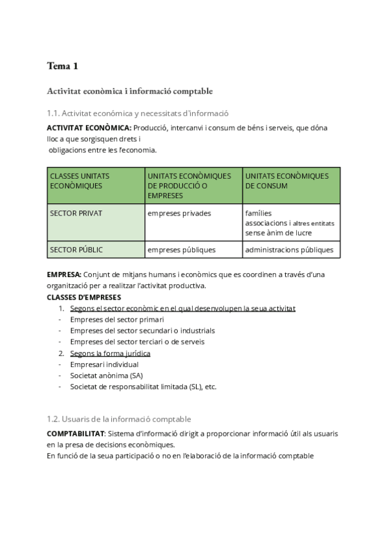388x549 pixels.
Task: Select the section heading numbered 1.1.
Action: pyautogui.click(x=138, y=113)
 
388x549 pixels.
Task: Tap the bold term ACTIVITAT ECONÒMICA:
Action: pyautogui.click(x=89, y=128)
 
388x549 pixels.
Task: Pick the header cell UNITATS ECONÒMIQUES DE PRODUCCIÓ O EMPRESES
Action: pyautogui.click(x=193, y=185)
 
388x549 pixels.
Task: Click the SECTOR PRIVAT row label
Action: pyautogui.click(x=76, y=212)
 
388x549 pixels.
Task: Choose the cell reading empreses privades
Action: pyautogui.click(x=179, y=212)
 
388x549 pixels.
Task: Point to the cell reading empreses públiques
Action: pyautogui.click(x=181, y=249)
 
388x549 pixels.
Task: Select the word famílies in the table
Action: pyautogui.click(x=259, y=212)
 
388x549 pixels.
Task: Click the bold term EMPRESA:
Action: pyautogui.click(x=64, y=274)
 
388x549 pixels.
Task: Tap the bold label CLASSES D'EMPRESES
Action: pyautogui.click(x=84, y=297)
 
